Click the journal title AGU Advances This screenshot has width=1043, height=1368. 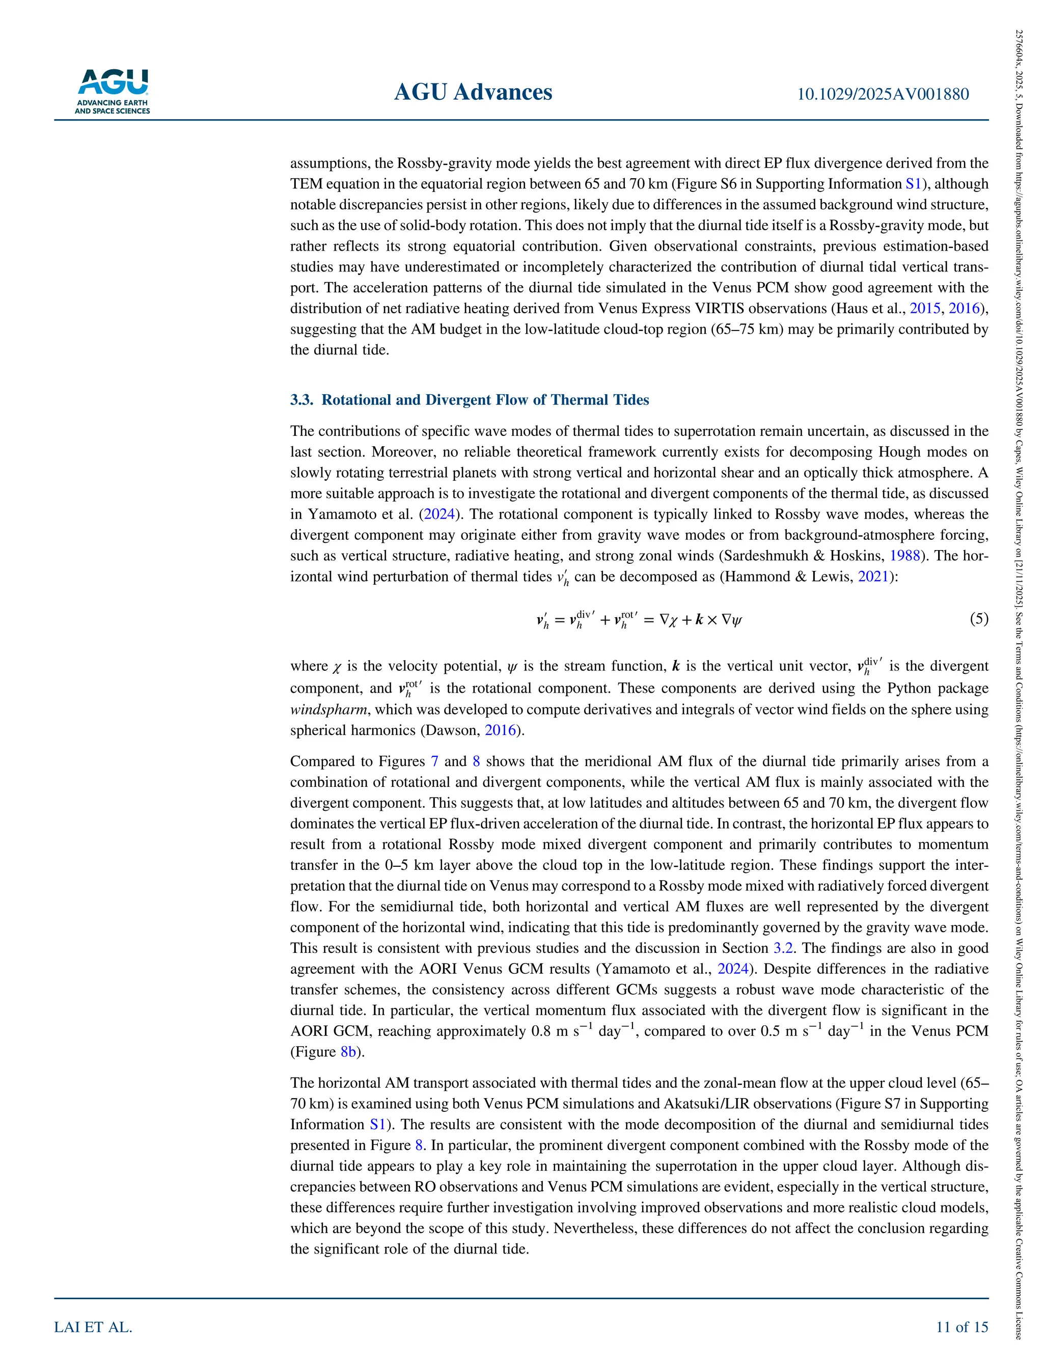[473, 93]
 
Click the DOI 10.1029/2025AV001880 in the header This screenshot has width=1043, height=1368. [883, 94]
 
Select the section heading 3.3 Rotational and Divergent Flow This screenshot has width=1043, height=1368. [470, 400]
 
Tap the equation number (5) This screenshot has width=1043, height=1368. [978, 619]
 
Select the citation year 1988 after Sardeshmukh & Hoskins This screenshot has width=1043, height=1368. [904, 556]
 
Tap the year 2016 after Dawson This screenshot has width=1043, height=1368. [501, 730]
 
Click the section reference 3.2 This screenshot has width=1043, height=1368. [782, 948]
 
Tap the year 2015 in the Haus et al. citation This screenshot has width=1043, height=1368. [924, 309]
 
